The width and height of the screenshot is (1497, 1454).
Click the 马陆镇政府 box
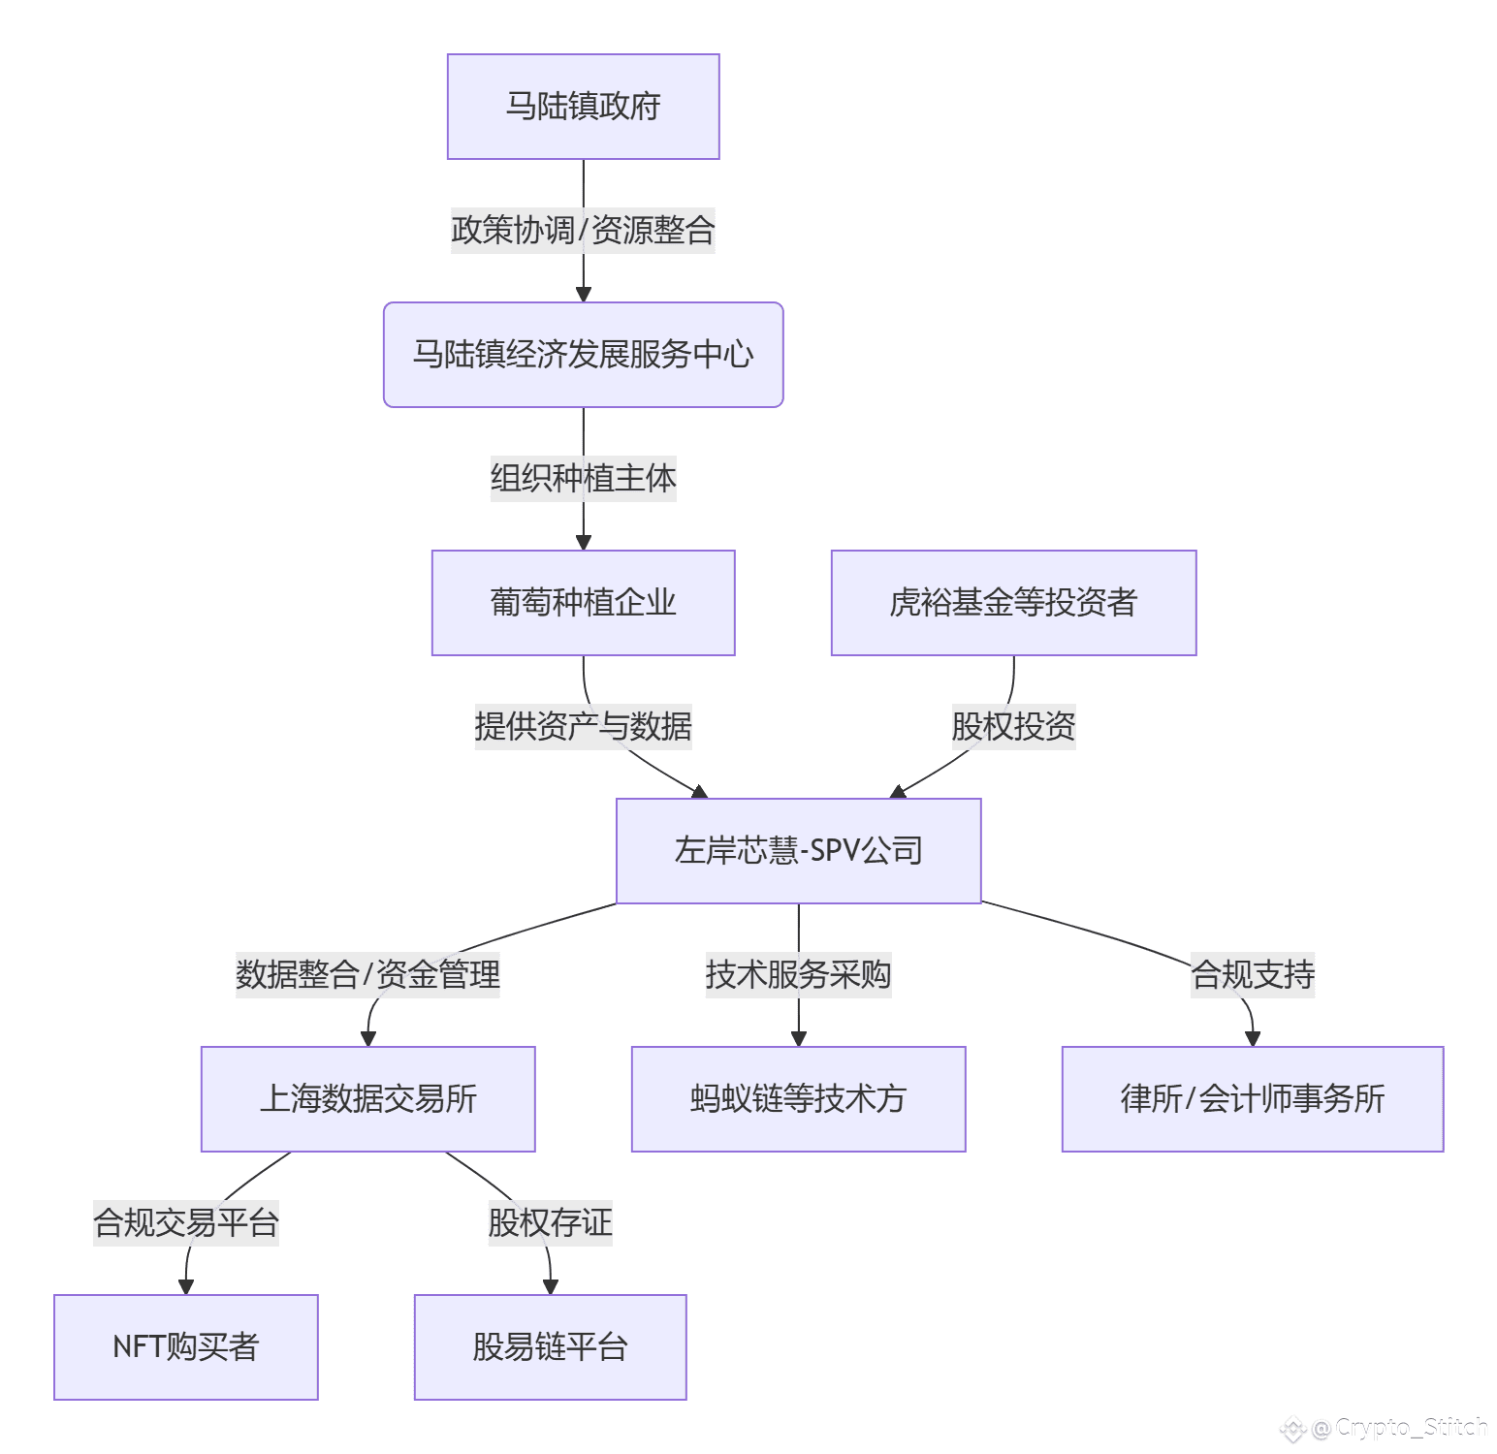(x=583, y=107)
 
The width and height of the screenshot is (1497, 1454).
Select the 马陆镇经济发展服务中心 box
(x=583, y=355)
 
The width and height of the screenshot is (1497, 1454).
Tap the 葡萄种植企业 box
(x=583, y=603)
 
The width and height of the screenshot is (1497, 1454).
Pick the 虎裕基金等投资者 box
(x=1013, y=603)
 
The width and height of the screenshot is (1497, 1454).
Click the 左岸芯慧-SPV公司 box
(x=799, y=851)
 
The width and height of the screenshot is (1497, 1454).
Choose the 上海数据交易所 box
(x=367, y=1099)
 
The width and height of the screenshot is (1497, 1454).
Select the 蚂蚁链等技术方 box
(x=798, y=1099)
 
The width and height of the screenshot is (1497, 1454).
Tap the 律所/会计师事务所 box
(x=1253, y=1099)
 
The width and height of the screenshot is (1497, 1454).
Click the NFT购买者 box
(x=185, y=1347)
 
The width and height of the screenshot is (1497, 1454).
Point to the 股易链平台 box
(x=550, y=1347)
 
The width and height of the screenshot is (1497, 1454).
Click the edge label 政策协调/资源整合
(x=583, y=231)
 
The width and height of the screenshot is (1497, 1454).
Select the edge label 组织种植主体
(x=583, y=479)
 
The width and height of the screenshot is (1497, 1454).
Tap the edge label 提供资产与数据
(x=583, y=727)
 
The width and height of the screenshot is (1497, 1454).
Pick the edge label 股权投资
(x=1013, y=727)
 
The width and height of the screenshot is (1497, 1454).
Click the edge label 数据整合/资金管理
(x=367, y=975)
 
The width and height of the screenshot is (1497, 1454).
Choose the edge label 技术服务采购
(x=798, y=975)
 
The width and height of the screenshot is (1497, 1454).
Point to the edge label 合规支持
(x=1253, y=975)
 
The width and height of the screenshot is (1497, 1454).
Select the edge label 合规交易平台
(x=185, y=1223)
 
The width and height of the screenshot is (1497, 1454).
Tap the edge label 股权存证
(x=550, y=1223)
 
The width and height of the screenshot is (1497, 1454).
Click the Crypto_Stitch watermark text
(x=1411, y=1427)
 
